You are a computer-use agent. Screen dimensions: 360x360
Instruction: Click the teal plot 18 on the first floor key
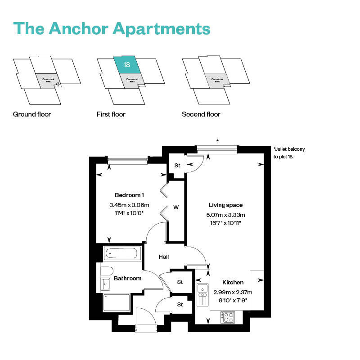[126, 65]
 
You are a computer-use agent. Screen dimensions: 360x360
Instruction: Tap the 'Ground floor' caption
[32, 114]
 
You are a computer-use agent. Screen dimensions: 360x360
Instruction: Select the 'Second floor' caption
[201, 114]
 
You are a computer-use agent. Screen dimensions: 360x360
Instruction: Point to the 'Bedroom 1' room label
[129, 195]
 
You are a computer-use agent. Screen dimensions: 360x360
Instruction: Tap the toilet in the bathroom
[106, 271]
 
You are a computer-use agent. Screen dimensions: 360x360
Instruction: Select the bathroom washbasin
[105, 283]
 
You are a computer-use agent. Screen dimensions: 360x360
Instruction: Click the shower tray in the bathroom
[117, 302]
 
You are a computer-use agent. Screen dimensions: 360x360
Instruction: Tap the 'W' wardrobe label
[176, 207]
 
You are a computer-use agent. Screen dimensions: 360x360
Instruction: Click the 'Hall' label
[164, 256]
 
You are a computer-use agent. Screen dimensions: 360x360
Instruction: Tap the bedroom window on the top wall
[128, 158]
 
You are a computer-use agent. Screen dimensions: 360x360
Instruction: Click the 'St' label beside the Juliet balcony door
[177, 166]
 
